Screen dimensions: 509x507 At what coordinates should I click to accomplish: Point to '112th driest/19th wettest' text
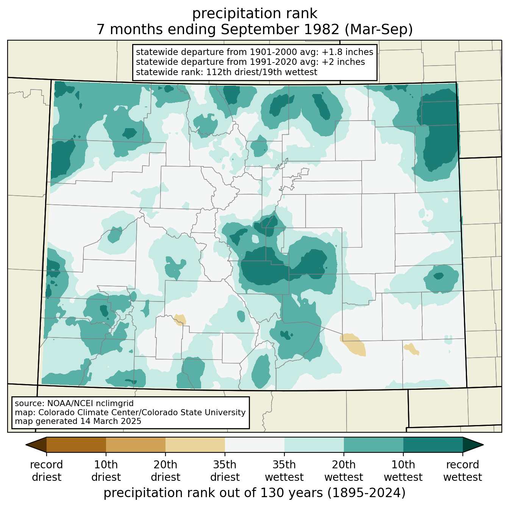click(261, 72)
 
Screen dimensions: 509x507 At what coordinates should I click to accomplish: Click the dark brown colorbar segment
click(76, 445)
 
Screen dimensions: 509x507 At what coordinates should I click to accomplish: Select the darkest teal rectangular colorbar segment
click(433, 445)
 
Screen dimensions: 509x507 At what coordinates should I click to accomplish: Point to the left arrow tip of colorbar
click(26, 445)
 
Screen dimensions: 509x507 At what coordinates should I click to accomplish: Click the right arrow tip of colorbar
click(483, 445)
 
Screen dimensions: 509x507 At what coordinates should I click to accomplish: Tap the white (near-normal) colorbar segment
click(254, 445)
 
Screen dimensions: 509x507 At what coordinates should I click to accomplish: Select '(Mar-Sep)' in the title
click(379, 29)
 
